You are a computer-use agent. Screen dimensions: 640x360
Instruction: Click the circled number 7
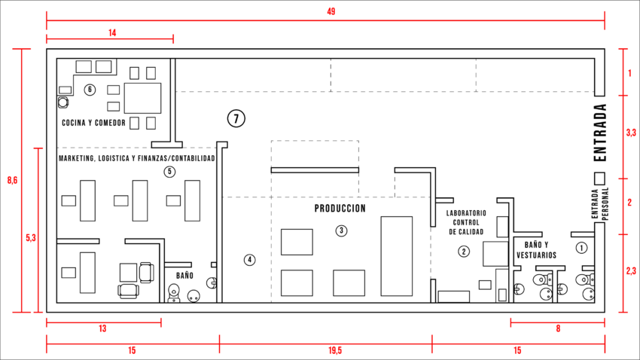[x=236, y=118]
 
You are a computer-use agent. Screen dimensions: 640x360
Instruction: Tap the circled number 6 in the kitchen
[x=90, y=90]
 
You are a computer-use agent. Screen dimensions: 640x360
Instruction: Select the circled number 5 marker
[x=170, y=172]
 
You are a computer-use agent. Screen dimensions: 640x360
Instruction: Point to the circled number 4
[x=249, y=260]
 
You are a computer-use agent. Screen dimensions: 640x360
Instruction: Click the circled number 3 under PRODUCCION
[x=341, y=230]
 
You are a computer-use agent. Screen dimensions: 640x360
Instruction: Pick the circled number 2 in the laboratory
[x=463, y=251]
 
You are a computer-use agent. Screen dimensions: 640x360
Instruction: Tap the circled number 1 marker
[x=581, y=247]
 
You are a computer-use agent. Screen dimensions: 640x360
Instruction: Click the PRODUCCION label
[x=340, y=209]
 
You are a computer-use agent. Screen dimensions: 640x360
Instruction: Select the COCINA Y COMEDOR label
[x=93, y=123]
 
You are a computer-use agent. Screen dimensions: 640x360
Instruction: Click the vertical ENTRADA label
[x=600, y=133]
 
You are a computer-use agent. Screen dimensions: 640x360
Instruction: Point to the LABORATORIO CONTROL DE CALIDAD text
[x=466, y=222]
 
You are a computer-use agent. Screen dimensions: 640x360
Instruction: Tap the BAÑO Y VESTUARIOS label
[x=536, y=250]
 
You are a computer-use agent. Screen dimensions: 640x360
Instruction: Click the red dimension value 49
[x=331, y=11]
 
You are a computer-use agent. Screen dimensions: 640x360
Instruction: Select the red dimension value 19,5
[x=335, y=350]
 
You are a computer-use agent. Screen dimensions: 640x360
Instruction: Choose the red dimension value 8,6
[x=13, y=180]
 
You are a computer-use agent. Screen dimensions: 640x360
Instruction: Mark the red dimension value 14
[x=112, y=32]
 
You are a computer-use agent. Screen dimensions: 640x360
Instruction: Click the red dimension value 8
[x=558, y=328]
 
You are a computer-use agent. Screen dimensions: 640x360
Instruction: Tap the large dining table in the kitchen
[x=142, y=99]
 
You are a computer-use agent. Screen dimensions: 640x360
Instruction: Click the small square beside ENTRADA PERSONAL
[x=599, y=178]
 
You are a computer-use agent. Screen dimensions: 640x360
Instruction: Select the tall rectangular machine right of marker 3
[x=396, y=256]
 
